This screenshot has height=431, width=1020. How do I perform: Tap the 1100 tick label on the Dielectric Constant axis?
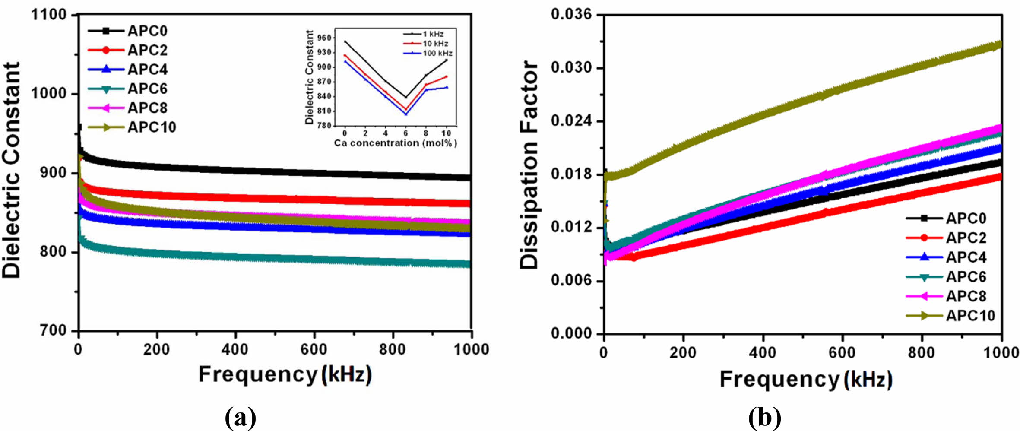pos(49,15)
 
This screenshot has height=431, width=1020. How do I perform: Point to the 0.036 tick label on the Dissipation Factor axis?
pos(571,15)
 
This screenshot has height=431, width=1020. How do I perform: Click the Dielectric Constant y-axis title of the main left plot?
pos(12,170)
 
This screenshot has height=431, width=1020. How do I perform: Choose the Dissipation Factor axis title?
pos(529,165)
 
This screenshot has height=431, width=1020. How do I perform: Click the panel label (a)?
pos(241,417)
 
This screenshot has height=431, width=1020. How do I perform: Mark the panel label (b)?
pos(765,417)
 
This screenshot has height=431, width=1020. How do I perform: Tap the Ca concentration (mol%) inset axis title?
pos(395,143)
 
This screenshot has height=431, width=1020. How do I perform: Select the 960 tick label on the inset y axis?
pos(324,38)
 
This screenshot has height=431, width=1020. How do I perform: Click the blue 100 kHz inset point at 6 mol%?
pos(406,114)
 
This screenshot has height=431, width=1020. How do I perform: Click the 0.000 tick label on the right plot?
pos(571,334)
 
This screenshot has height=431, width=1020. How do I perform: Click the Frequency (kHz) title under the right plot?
pos(806,380)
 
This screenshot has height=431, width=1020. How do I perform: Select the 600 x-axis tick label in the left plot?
pos(314,349)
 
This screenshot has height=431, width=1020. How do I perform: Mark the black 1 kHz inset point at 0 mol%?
pos(345,41)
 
